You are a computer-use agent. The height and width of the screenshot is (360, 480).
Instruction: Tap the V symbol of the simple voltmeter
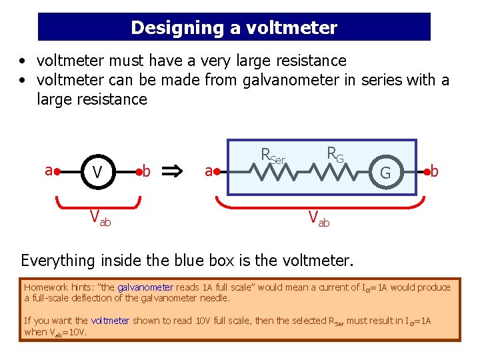click(x=97, y=172)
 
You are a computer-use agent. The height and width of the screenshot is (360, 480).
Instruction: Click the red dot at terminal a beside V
click(x=59, y=171)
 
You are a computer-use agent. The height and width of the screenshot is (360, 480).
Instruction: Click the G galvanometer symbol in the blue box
click(x=385, y=173)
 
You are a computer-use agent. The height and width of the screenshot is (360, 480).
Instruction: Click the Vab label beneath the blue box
click(x=318, y=217)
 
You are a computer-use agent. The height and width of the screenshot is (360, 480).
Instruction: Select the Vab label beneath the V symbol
click(x=101, y=217)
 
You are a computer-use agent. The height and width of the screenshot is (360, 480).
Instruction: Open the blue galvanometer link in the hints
click(x=145, y=288)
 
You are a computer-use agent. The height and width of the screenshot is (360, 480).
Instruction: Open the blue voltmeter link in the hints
click(x=110, y=321)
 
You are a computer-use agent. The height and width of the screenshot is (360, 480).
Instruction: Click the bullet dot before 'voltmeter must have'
click(x=23, y=61)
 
